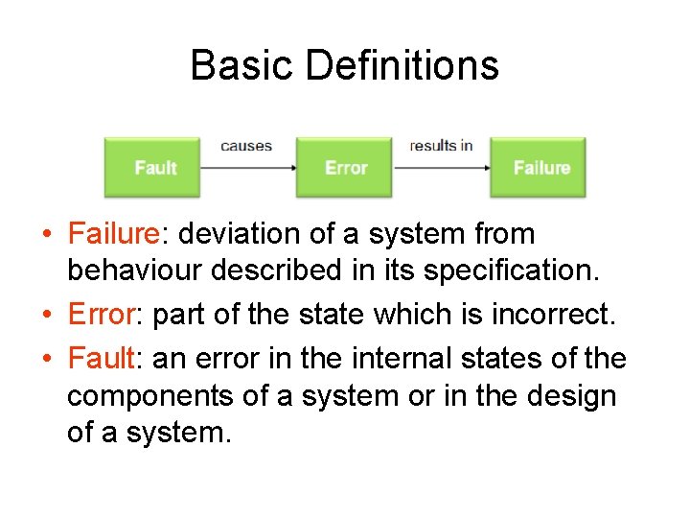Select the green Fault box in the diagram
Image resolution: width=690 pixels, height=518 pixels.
pos(153,168)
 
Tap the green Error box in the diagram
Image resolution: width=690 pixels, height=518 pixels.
pos(345,168)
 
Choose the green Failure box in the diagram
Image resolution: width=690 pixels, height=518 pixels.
pos(540,168)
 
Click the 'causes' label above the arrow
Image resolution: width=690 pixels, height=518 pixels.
pos(246,146)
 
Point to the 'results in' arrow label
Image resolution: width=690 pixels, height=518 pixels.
pos(441,146)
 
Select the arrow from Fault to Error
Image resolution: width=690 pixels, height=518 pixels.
pos(247,168)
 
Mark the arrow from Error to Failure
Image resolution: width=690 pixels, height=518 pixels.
pos(441,168)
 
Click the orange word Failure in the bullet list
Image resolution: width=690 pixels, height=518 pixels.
pos(112,234)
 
